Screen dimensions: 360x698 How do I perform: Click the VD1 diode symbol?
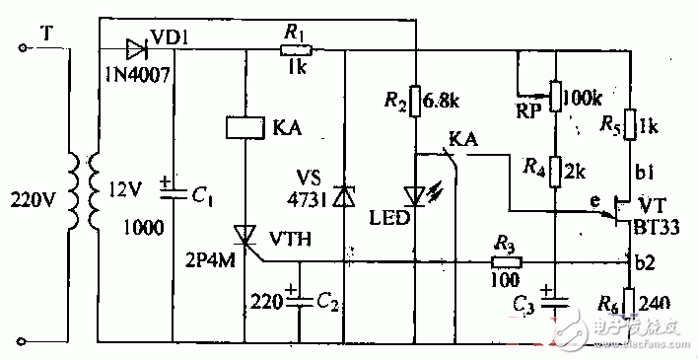pyautogui.click(x=135, y=46)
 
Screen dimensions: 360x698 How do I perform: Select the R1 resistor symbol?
pyautogui.click(x=295, y=47)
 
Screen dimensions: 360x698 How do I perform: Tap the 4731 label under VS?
pyautogui.click(x=307, y=198)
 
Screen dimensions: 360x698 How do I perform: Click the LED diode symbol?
pyautogui.click(x=417, y=198)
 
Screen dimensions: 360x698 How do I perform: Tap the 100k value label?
pyautogui.click(x=583, y=99)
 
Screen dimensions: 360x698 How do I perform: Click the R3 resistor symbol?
pyautogui.click(x=506, y=263)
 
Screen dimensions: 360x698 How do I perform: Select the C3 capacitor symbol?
pyautogui.click(x=555, y=300)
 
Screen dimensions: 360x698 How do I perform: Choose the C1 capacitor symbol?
pyautogui.click(x=174, y=194)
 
